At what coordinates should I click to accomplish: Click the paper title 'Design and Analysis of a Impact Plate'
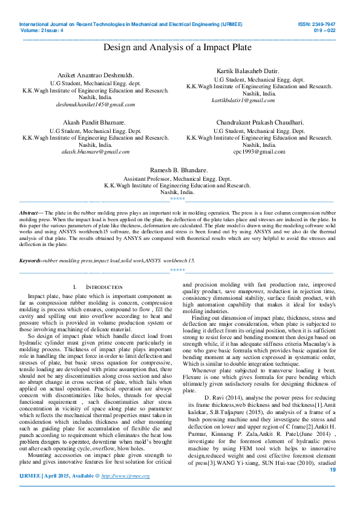[x=177, y=47]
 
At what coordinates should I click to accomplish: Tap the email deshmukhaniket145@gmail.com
[x=96, y=105]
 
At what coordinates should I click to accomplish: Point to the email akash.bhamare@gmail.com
[x=96, y=152]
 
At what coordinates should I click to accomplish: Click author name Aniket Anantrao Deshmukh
[x=96, y=73]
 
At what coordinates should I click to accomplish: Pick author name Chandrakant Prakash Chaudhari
[x=260, y=123]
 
